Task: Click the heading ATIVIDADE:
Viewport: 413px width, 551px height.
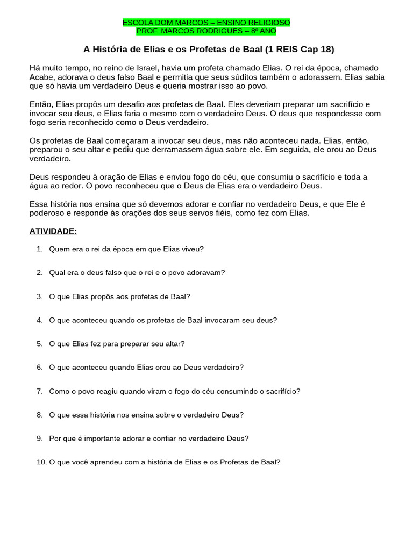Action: (x=53, y=231)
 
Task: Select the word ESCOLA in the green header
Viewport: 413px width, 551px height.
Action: (x=137, y=23)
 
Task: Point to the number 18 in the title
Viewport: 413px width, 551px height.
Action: (x=324, y=50)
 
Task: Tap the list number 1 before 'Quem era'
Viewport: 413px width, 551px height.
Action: (x=39, y=249)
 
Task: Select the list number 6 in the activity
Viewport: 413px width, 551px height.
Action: (x=39, y=367)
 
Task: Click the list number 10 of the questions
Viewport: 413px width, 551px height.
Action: (x=41, y=462)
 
